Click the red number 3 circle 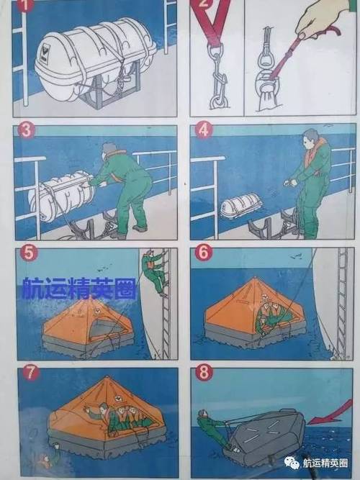point(27,130)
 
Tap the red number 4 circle point(204,130)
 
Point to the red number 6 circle point(204,253)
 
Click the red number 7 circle point(30,373)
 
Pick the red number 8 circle point(204,373)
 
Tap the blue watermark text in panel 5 point(78,288)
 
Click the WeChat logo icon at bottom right point(292,462)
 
